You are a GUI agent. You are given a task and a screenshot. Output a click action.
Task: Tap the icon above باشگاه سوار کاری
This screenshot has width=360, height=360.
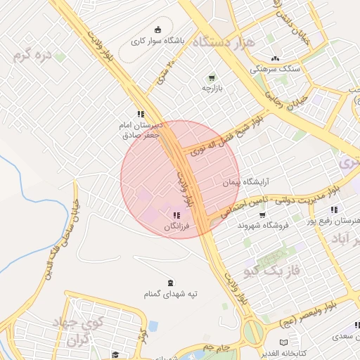(157, 30)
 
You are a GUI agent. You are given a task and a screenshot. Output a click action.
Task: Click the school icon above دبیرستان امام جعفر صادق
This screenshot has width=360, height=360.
(141, 113)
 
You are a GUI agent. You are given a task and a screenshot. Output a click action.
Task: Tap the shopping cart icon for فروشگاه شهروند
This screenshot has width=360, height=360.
(262, 214)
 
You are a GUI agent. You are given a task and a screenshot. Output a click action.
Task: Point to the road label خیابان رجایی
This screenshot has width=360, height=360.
(285, 101)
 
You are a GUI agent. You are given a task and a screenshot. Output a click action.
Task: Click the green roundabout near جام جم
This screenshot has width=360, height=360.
(252, 331)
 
